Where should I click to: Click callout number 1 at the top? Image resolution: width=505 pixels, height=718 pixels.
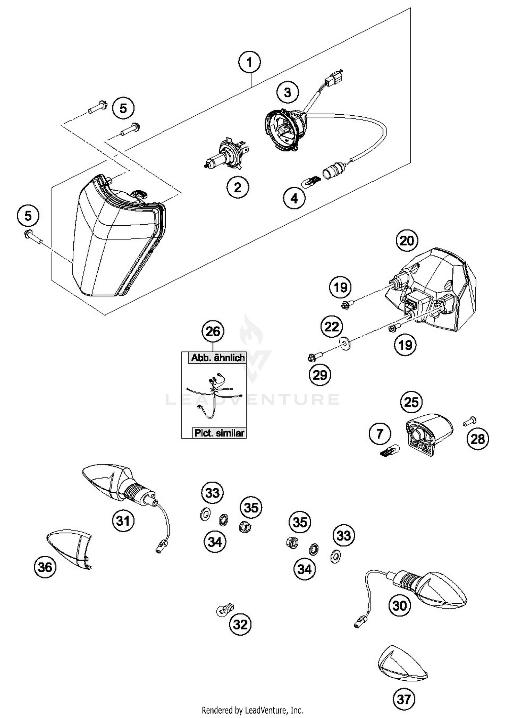pos(249,63)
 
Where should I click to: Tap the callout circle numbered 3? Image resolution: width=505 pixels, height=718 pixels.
pos(288,92)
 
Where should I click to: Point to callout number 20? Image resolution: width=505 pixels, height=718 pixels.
pos(407,241)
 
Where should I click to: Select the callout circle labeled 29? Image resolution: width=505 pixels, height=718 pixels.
pos(320,375)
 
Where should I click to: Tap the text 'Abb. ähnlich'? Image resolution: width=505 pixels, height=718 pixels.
pos(218,357)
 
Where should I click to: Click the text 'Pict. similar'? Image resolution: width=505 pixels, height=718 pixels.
pos(219,433)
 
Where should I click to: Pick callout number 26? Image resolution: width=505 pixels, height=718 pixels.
pos(213,331)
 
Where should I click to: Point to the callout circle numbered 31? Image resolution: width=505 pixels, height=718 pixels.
pos(123,521)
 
